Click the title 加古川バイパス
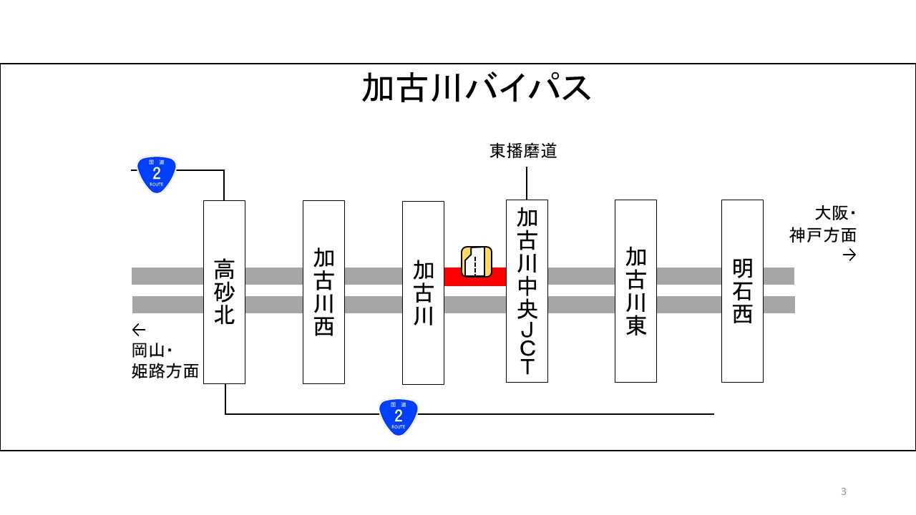[x=477, y=89]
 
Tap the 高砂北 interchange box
[x=224, y=291]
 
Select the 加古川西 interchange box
[x=323, y=291]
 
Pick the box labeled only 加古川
[x=423, y=293]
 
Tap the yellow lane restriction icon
[x=477, y=261]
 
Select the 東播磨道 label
[x=523, y=151]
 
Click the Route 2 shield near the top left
[x=157, y=175]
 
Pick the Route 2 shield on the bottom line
[x=399, y=417]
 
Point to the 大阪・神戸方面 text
[x=824, y=224]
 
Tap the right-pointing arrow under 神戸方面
[x=849, y=255]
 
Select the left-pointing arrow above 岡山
[x=139, y=330]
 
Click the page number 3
[x=844, y=491]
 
